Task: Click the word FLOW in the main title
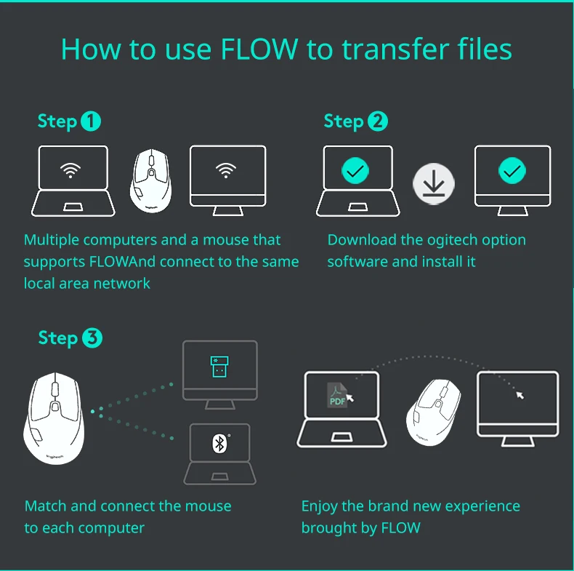point(259,49)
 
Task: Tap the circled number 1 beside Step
point(91,121)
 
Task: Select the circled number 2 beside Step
point(378,121)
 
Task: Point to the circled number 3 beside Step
point(92,338)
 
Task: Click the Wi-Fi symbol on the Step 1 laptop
point(70,171)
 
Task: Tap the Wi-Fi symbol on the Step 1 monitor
point(226,171)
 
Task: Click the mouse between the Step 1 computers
point(151,178)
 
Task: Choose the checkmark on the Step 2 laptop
point(355,171)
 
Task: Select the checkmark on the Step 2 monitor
point(512,171)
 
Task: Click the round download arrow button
point(434,183)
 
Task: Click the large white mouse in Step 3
point(54,418)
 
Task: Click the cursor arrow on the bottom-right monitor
point(520,395)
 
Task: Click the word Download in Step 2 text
point(362,240)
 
